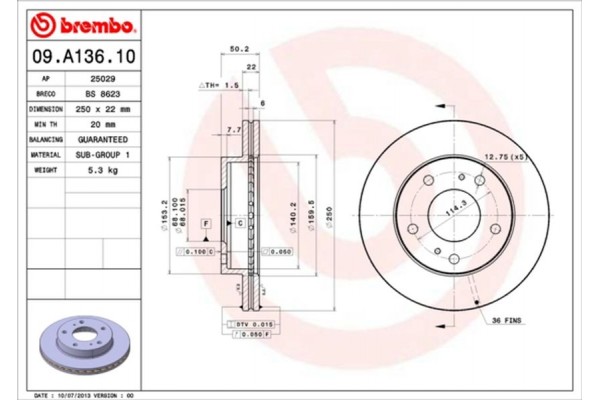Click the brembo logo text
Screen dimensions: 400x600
[x=81, y=22]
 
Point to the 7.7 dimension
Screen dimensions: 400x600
[x=233, y=131]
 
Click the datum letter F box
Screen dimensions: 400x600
[x=204, y=223]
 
